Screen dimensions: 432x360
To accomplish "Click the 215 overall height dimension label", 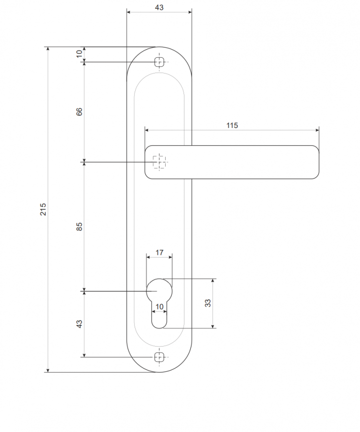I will [x=43, y=209].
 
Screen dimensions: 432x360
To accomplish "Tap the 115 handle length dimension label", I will [x=232, y=125].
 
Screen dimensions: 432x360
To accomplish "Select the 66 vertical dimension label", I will [x=79, y=112].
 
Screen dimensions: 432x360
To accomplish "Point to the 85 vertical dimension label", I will [x=79, y=226].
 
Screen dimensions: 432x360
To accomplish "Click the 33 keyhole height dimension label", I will [x=208, y=303].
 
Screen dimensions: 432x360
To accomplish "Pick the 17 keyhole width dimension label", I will [x=159, y=252].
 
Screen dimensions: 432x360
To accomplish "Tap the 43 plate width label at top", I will [x=159, y=7].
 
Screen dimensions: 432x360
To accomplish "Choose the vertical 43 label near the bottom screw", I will [x=79, y=324].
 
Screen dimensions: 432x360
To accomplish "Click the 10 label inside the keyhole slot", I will [x=159, y=307].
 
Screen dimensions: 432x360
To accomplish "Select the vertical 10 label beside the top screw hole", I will [x=79, y=54].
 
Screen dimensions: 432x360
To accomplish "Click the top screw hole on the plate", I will [x=159, y=62].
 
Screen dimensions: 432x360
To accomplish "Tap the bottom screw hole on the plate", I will [x=159, y=357].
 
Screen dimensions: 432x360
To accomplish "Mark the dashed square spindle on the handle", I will [x=159, y=161].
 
